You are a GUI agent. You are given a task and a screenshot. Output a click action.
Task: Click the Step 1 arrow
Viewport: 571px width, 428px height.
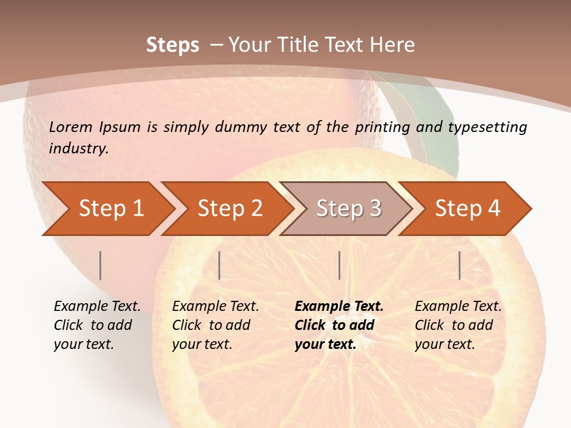(107, 209)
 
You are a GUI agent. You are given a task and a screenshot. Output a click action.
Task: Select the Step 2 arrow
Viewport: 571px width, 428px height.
(227, 209)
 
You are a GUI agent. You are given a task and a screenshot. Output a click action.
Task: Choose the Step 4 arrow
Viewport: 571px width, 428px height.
(465, 209)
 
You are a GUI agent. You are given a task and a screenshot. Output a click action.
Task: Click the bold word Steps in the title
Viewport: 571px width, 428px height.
(172, 45)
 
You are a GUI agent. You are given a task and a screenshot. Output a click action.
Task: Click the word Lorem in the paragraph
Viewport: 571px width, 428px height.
(71, 127)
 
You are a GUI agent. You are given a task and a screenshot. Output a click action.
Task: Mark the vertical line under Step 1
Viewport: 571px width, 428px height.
(101, 265)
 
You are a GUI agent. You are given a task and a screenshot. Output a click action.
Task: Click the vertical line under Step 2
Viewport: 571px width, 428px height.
(219, 265)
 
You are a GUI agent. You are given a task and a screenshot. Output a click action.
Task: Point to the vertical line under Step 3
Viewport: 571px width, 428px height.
(339, 265)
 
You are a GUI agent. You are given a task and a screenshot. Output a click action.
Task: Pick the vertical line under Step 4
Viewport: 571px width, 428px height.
(460, 265)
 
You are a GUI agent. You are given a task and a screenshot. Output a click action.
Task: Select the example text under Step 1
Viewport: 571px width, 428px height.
(97, 325)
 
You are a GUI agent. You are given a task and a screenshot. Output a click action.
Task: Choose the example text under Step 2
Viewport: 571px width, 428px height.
(215, 325)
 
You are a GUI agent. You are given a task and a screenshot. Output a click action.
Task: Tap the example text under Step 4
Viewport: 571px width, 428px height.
(458, 325)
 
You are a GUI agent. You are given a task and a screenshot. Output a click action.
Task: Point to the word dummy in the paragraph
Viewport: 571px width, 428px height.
(241, 127)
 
